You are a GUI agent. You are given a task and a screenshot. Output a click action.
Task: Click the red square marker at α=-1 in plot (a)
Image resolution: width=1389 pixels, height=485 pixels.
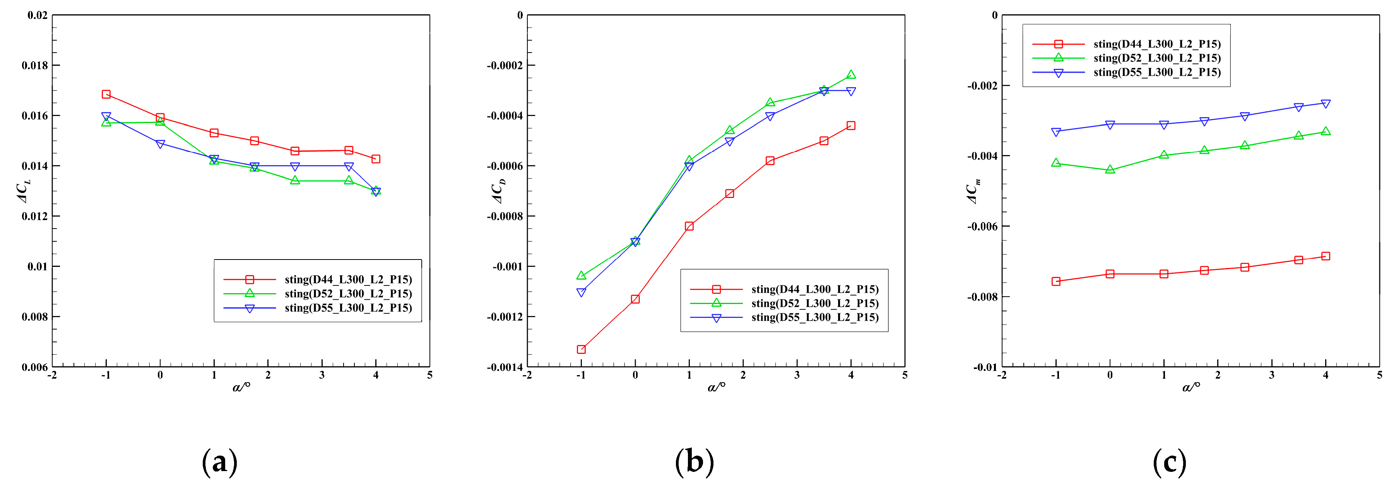click(106, 94)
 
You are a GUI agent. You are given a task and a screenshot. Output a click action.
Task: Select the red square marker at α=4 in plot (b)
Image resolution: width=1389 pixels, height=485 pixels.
click(851, 126)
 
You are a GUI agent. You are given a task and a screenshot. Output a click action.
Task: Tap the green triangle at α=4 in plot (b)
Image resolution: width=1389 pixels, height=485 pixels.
click(851, 75)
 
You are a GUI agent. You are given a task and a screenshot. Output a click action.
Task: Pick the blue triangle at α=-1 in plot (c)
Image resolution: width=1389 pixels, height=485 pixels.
click(1056, 131)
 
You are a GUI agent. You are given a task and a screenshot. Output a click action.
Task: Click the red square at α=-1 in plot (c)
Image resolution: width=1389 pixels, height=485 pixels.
click(1056, 281)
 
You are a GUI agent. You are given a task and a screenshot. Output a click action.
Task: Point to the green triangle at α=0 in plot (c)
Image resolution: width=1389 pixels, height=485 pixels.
click(1110, 170)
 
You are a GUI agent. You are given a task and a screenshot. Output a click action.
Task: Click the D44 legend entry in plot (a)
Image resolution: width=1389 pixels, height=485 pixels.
click(348, 279)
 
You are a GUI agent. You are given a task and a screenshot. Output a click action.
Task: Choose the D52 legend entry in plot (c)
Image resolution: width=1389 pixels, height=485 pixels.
click(1156, 58)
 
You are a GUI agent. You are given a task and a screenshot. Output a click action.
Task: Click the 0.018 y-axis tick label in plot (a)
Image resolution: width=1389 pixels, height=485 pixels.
click(34, 65)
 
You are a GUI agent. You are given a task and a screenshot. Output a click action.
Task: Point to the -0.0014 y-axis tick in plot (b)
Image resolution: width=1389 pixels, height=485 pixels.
click(505, 367)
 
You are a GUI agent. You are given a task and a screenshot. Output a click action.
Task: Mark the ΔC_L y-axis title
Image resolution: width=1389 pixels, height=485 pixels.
click(24, 192)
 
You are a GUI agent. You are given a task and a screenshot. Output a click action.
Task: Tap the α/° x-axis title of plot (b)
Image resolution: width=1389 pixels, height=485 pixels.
click(716, 386)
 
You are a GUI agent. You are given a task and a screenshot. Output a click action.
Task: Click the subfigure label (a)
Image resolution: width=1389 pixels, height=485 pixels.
click(219, 462)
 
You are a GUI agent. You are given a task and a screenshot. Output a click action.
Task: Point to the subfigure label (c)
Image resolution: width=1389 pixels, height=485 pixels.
click(1169, 462)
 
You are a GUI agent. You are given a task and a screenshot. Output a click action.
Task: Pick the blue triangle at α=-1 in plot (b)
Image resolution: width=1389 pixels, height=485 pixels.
click(581, 292)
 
